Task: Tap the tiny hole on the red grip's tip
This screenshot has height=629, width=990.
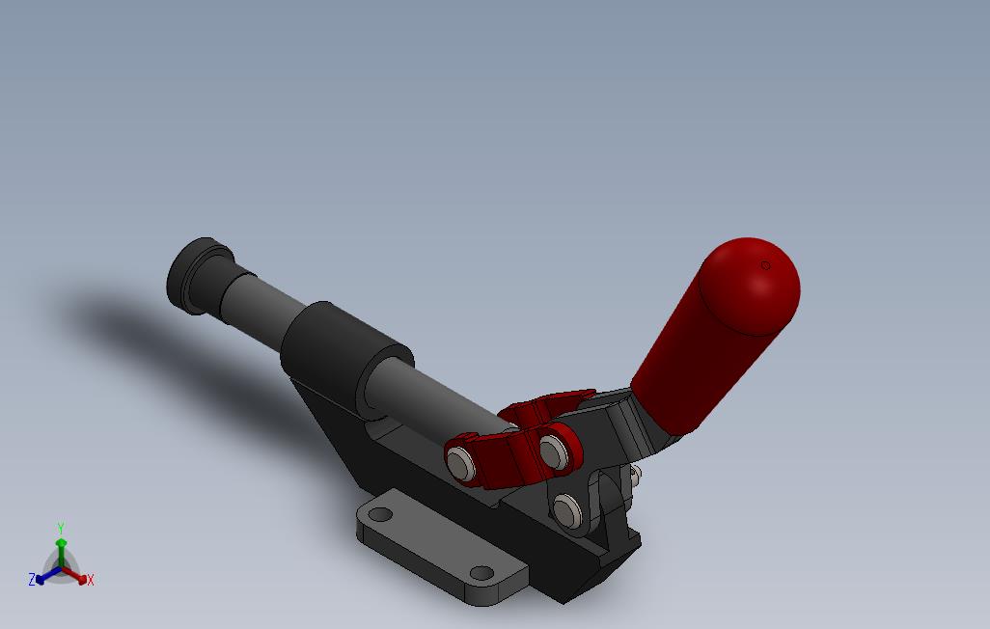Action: coord(766,265)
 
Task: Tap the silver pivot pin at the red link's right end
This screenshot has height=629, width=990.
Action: coord(553,450)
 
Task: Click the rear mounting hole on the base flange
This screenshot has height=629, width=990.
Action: coord(380,515)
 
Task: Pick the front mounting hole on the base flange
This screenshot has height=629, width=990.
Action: coord(480,575)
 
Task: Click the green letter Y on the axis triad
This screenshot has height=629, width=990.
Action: coord(60,529)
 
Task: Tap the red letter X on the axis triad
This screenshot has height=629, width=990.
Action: coord(90,581)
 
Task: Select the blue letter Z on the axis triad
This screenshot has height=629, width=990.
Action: coord(32,580)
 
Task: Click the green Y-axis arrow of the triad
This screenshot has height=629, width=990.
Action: coord(61,550)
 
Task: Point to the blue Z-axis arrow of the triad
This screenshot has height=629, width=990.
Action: coord(44,578)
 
